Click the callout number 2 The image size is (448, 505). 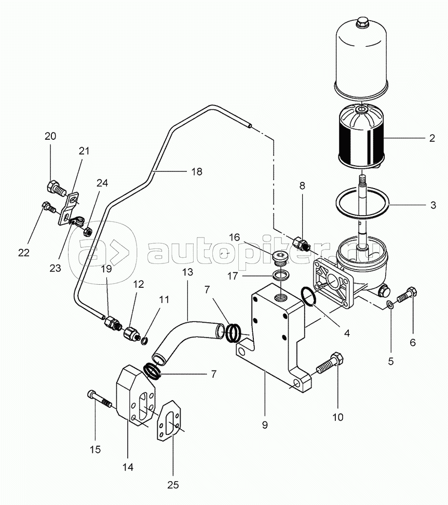[x=432, y=138]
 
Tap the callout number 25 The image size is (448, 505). [x=173, y=484]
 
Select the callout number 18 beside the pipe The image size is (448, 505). [x=197, y=171]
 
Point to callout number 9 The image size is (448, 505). [x=265, y=425]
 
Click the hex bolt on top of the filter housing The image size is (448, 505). [x=361, y=23]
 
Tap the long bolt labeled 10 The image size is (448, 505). [x=330, y=363]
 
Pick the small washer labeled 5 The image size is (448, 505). [x=390, y=304]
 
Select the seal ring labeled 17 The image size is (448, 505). [x=280, y=276]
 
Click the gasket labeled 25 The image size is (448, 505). [x=169, y=421]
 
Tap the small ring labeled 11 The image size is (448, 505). [x=145, y=340]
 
